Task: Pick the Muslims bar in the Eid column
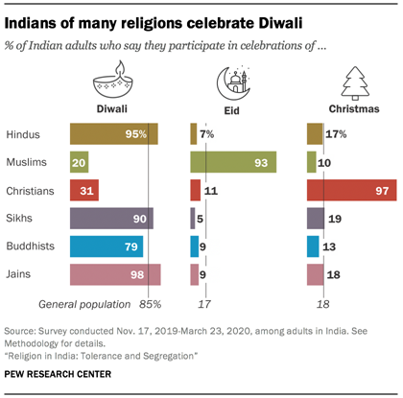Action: coord(234,162)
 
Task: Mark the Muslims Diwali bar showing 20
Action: coord(80,162)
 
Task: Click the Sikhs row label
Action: coord(20,219)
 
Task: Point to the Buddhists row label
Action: coord(30,247)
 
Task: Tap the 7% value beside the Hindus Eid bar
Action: coord(207,134)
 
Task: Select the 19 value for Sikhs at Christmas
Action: coord(334,219)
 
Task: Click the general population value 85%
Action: coord(149,304)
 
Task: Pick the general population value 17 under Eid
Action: coord(203,304)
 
